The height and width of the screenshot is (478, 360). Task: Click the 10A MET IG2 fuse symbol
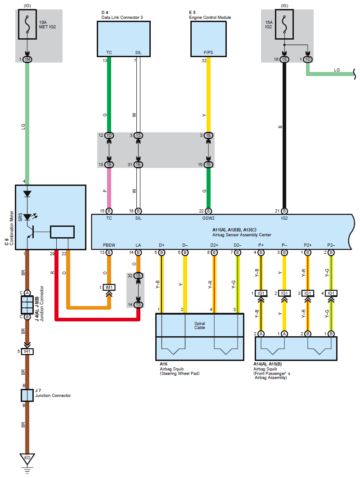[27, 24]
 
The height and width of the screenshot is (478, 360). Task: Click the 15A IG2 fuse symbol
[284, 24]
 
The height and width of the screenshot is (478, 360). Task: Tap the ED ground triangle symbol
[27, 459]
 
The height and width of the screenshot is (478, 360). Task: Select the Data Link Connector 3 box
[124, 39]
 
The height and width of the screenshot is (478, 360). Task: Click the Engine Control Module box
[208, 39]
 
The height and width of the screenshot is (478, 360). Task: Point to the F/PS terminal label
[208, 52]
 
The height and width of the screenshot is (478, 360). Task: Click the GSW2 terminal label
[208, 218]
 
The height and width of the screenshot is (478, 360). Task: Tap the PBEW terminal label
[109, 245]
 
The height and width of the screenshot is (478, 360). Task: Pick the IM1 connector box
[109, 288]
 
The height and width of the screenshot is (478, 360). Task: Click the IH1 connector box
[27, 352]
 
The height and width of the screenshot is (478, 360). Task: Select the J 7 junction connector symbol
[27, 395]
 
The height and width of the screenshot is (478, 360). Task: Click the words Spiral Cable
[200, 325]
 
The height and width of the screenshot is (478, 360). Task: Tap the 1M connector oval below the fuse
[27, 59]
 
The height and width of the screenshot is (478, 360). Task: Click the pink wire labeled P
[109, 188]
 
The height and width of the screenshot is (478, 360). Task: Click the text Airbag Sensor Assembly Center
[242, 235]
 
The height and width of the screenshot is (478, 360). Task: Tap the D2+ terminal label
[214, 245]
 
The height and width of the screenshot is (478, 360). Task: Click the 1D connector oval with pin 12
[109, 135]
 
